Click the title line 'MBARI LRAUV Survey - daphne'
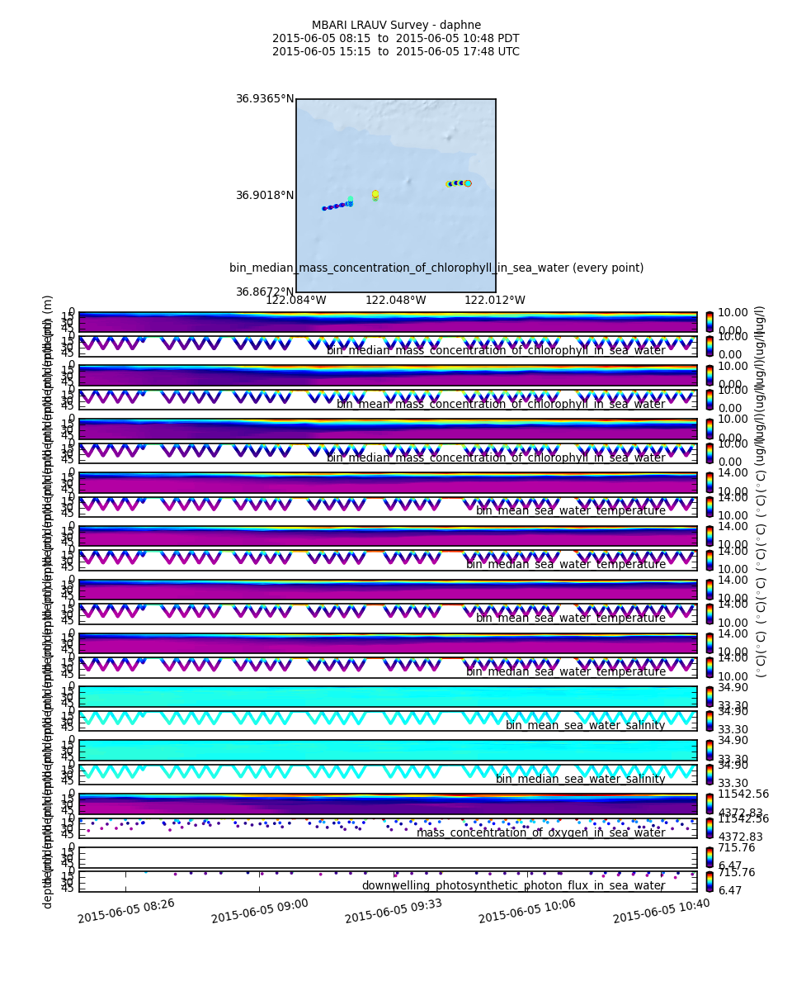pyautogui.click(x=396, y=25)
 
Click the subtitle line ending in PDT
pyautogui.click(x=396, y=38)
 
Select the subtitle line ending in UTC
pyautogui.click(x=396, y=51)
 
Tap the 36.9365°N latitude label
pyautogui.click(x=265, y=98)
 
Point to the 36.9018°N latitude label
pyautogui.click(x=265, y=196)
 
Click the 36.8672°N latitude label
pyautogui.click(x=265, y=292)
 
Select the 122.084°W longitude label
pyautogui.click(x=295, y=301)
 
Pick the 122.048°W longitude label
pyautogui.click(x=395, y=301)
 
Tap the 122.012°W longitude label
pyautogui.click(x=494, y=301)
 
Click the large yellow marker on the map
pyautogui.click(x=375, y=194)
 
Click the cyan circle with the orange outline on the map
pyautogui.click(x=468, y=183)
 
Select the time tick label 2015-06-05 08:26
pyautogui.click(x=126, y=910)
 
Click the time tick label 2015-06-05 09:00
pyautogui.click(x=260, y=910)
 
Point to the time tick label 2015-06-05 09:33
pyautogui.click(x=394, y=910)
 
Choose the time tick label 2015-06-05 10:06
pyautogui.click(x=527, y=910)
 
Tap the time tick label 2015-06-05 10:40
pyautogui.click(x=661, y=910)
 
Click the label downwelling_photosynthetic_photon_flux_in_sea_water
pyautogui.click(x=513, y=885)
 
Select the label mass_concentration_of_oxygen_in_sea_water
pyautogui.click(x=540, y=832)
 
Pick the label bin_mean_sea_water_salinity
pyautogui.click(x=585, y=725)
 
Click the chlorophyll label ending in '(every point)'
pyautogui.click(x=436, y=268)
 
